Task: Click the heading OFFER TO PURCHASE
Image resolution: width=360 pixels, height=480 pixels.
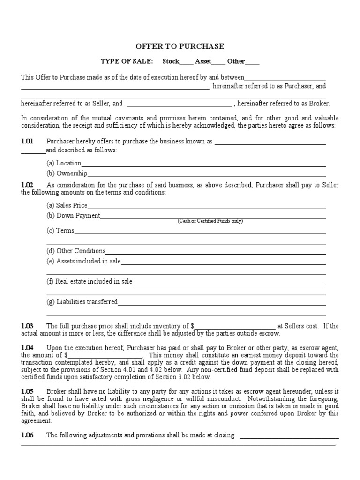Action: [180, 46]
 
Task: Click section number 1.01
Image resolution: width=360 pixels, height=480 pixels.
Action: [28, 141]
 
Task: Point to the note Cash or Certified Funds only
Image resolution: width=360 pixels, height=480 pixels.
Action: [210, 221]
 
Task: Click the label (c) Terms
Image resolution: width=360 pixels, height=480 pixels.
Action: [60, 231]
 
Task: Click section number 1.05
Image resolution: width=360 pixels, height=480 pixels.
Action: [28, 391]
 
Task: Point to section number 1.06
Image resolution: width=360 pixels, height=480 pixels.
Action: [28, 435]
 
